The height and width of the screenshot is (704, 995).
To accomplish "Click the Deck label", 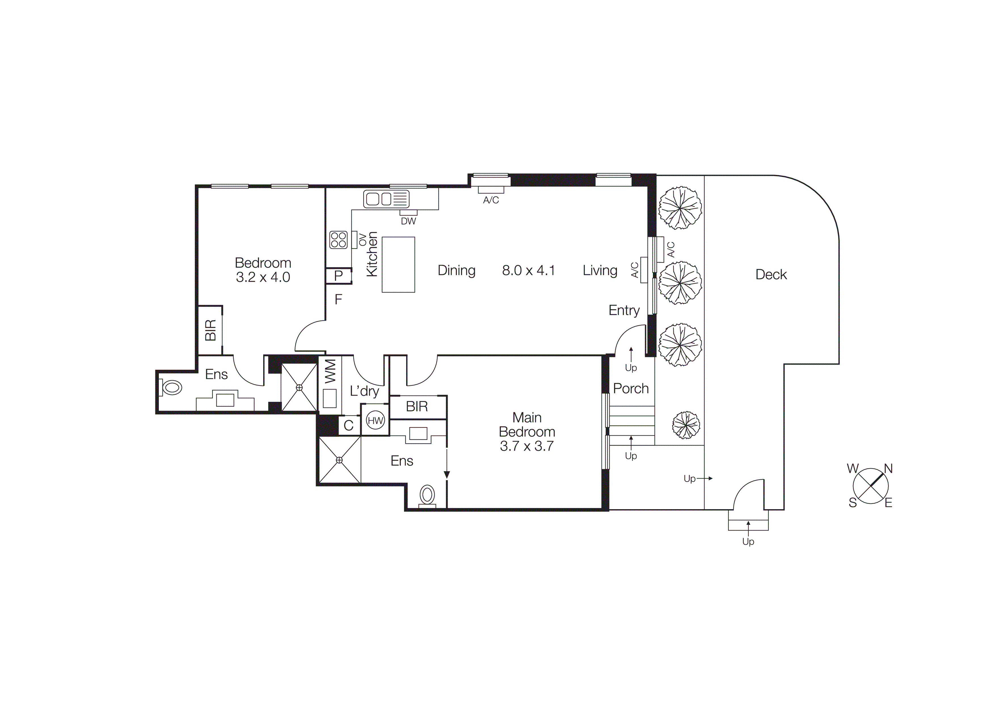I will click(771, 275).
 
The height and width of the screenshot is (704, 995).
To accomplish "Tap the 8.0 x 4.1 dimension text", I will click(528, 271).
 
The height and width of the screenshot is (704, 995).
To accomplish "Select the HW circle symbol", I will click(375, 420).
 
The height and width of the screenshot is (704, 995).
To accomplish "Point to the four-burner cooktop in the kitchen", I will click(338, 240).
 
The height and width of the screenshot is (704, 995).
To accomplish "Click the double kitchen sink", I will click(386, 199).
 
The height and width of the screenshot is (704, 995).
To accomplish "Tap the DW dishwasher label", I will click(408, 221).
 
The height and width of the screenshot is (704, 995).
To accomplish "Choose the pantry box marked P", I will click(338, 275).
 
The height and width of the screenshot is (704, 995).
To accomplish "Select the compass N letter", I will click(888, 469).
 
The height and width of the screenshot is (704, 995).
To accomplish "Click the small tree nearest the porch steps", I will click(686, 425).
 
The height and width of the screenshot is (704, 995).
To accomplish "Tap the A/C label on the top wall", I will click(491, 200).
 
